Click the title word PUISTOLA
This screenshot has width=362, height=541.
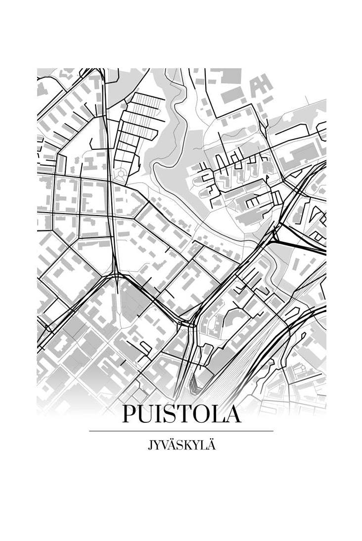click(181, 414)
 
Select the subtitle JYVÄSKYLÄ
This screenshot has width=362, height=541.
click(181, 445)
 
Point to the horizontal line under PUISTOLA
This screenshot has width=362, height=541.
click(181, 431)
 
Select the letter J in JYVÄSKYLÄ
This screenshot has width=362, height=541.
click(150, 446)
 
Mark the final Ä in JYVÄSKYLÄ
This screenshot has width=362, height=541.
click(212, 445)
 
